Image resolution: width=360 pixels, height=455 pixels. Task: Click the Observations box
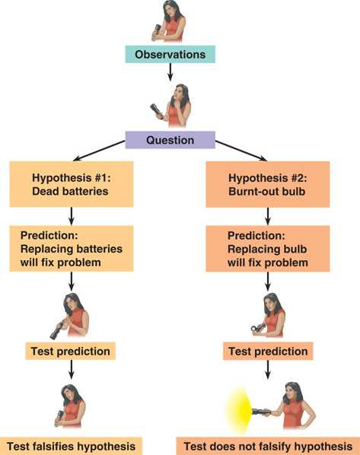click(x=170, y=54)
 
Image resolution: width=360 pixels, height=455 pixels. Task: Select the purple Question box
click(x=170, y=140)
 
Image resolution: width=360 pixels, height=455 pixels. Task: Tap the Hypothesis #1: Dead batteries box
click(x=72, y=184)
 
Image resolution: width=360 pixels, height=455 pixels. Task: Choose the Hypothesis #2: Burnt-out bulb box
click(x=268, y=185)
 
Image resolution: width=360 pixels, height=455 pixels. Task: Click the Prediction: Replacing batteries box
click(x=72, y=249)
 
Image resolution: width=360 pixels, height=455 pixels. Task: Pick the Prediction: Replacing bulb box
click(x=268, y=249)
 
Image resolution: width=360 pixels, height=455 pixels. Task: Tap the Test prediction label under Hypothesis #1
click(x=70, y=351)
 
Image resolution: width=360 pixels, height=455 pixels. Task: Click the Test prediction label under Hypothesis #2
click(x=268, y=351)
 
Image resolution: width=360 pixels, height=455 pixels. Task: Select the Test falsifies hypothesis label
click(x=71, y=447)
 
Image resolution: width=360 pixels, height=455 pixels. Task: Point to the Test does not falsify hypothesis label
click(x=268, y=447)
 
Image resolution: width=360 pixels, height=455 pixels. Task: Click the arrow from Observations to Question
click(x=170, y=72)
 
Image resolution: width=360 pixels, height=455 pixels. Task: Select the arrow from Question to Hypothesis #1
click(x=99, y=151)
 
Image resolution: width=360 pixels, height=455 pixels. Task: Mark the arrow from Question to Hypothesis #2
click(x=241, y=151)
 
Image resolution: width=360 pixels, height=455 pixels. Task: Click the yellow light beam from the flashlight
click(x=239, y=409)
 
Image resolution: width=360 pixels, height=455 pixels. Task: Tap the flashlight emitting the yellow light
click(x=261, y=412)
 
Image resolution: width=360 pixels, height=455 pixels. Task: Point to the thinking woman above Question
click(x=170, y=105)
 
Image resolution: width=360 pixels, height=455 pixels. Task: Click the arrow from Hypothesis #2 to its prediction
click(x=268, y=217)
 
